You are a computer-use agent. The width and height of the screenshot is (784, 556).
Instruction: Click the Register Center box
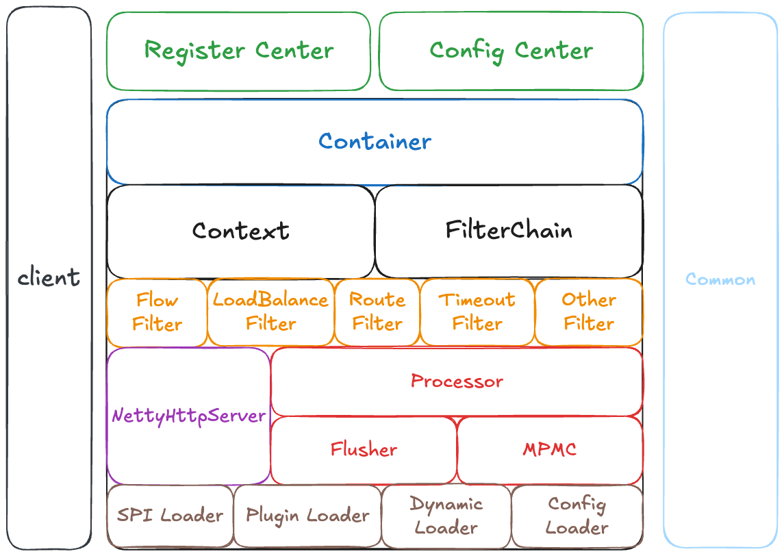tap(238, 51)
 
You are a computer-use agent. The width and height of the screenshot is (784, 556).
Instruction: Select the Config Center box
tap(511, 51)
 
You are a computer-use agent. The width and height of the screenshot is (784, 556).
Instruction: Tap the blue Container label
tap(375, 142)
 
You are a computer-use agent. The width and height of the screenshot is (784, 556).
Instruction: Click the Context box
tap(240, 231)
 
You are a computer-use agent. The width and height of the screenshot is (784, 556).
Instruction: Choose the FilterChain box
tap(509, 230)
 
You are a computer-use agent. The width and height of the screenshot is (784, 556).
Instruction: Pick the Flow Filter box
tap(157, 312)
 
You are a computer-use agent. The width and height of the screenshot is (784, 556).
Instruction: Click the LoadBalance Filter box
tap(270, 312)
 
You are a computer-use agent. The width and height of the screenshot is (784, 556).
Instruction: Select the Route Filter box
tap(377, 312)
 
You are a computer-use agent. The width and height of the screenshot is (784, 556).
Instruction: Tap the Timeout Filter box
tap(477, 312)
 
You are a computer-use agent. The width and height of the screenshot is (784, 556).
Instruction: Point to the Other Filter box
tap(588, 312)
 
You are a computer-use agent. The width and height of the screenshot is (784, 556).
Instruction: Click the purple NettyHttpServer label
tap(188, 416)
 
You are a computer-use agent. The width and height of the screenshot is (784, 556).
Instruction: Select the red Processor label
tap(457, 381)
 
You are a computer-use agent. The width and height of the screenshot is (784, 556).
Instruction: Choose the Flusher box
tap(364, 450)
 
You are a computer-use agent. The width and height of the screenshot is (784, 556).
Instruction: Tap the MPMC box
tap(549, 450)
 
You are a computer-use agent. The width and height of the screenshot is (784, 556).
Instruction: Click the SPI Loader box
tap(170, 516)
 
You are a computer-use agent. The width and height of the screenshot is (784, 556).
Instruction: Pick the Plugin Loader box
tap(307, 516)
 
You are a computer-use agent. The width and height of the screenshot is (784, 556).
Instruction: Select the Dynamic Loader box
tap(446, 516)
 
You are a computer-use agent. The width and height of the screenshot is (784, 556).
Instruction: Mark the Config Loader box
tap(577, 516)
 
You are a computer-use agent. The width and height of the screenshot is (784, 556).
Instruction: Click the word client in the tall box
tap(49, 278)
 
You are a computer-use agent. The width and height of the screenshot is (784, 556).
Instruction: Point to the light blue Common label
tap(720, 279)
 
